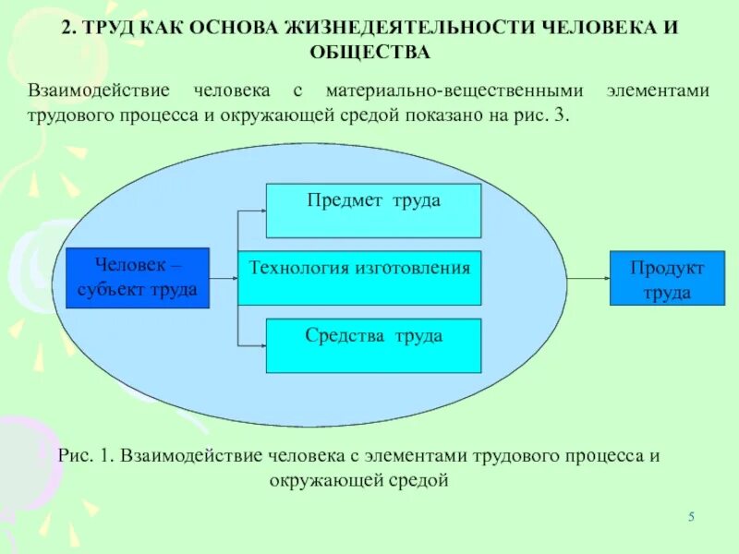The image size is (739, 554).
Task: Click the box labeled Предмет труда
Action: click(x=373, y=211)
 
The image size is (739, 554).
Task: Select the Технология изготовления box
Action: click(x=359, y=277)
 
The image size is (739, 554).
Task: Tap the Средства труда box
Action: click(x=373, y=345)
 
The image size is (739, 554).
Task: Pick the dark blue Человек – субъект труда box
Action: click(x=139, y=277)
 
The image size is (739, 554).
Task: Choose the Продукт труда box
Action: click(x=667, y=278)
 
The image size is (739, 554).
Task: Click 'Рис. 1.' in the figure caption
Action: click(x=84, y=456)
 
